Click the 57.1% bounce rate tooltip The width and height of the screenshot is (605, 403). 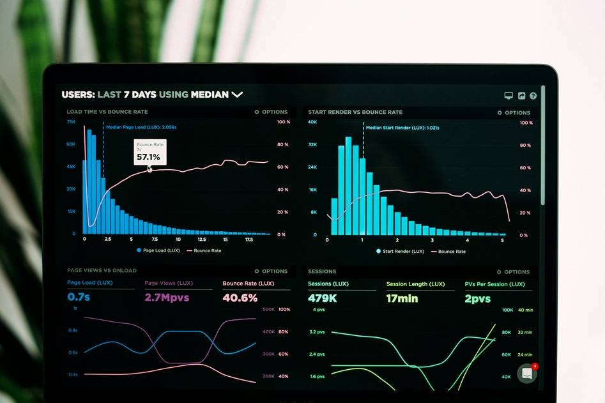[x=149, y=153]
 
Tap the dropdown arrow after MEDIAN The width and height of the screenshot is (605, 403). [x=237, y=95]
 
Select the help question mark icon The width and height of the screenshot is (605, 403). [x=533, y=96]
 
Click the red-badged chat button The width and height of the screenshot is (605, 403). [x=527, y=374]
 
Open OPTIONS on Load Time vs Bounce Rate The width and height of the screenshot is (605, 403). [x=272, y=112]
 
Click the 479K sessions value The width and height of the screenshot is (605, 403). [x=323, y=298]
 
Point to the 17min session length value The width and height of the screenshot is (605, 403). [x=402, y=298]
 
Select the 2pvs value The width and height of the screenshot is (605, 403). [x=477, y=298]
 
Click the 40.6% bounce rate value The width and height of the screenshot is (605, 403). [x=240, y=298]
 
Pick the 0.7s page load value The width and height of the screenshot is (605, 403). [x=79, y=297]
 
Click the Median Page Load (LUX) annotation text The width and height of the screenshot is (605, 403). [x=141, y=127]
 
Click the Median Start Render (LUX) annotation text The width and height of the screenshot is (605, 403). [x=402, y=128]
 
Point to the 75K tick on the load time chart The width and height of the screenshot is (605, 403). [x=71, y=121]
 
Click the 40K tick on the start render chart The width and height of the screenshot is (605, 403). [x=312, y=122]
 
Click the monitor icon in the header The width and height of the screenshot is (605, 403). [x=509, y=96]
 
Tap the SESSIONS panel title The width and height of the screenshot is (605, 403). [x=322, y=271]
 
